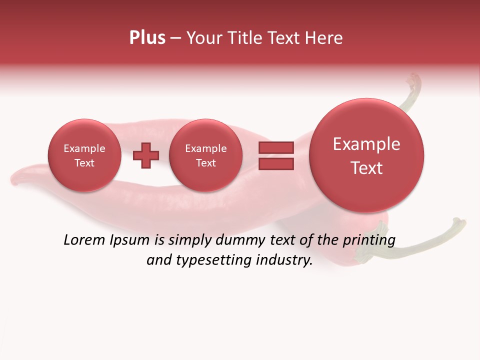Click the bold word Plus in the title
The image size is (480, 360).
pos(147,38)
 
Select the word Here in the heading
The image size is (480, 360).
pos(324,38)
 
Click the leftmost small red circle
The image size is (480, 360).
pos(84,155)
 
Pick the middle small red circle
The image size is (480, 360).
pos(205,155)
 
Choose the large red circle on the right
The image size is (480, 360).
pos(366,155)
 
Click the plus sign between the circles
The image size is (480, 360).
pos(145,155)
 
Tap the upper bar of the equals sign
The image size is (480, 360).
pos(276,147)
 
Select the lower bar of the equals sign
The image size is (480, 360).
pos(276,163)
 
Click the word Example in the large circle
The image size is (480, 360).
pos(366,144)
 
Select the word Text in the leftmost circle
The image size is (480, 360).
pos(84,163)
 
